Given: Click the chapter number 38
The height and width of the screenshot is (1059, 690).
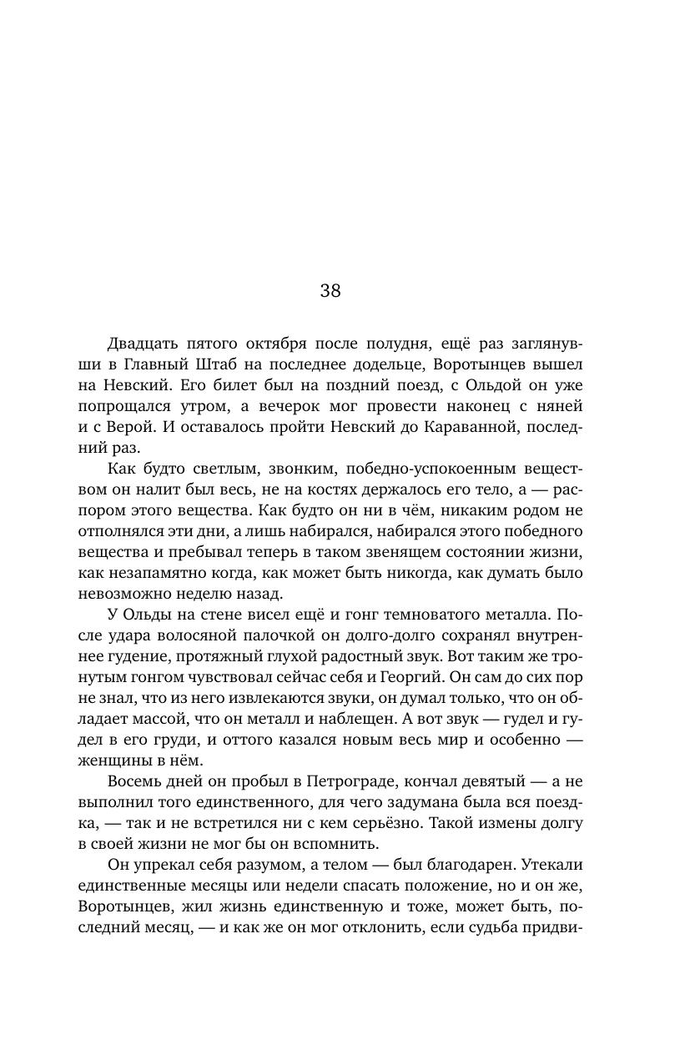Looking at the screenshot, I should pyautogui.click(x=330, y=290).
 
